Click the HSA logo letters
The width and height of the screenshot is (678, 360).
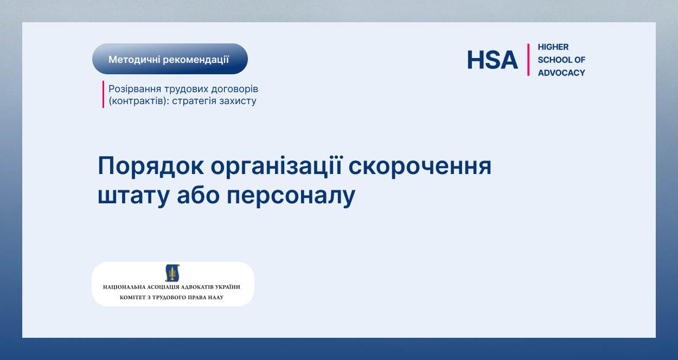click(x=492, y=60)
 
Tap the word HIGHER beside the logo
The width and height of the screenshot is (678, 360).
click(x=553, y=47)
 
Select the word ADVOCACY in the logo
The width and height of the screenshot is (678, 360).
click(x=561, y=73)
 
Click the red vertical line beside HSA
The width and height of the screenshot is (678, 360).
click(x=528, y=60)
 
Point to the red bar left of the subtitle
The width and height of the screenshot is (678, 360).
click(x=103, y=94)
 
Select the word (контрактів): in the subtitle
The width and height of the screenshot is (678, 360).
click(x=139, y=101)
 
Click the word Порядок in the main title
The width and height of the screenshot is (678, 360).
click(x=151, y=166)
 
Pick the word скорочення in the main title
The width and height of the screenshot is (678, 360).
click(x=420, y=166)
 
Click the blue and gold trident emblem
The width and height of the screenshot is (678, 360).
click(x=172, y=273)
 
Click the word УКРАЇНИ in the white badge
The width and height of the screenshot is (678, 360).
click(x=228, y=287)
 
